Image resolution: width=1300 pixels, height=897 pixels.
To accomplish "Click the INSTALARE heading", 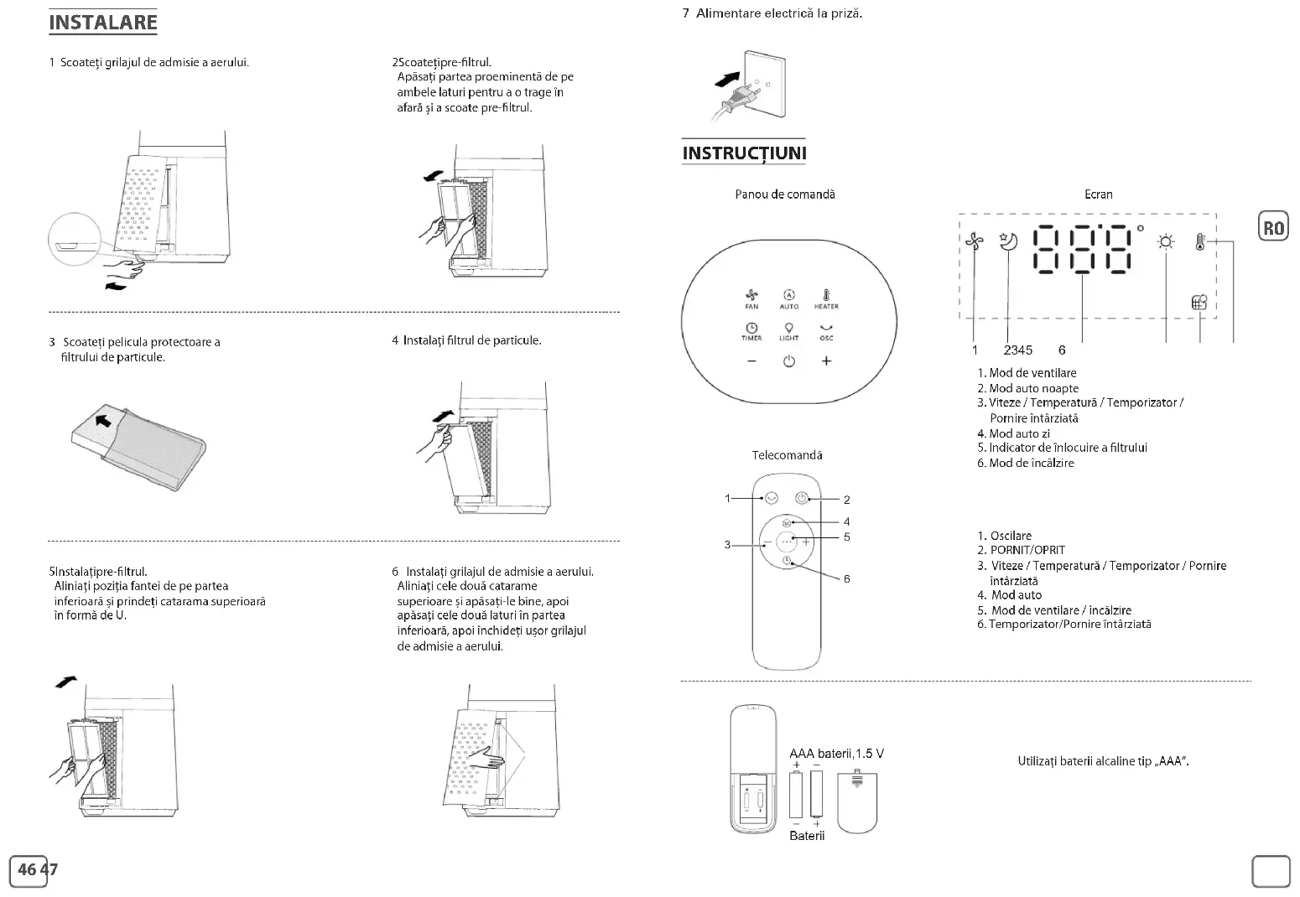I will click(102, 22).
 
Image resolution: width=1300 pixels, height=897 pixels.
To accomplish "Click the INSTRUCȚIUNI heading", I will click(743, 153).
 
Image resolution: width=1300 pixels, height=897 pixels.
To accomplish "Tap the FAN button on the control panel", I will click(751, 298).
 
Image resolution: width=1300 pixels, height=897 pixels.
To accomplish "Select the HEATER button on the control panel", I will click(826, 298).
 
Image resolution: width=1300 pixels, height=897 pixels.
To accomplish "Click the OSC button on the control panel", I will click(826, 332).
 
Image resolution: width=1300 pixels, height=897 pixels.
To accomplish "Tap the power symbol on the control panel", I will click(788, 361).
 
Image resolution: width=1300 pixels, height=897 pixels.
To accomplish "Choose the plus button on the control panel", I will click(826, 361).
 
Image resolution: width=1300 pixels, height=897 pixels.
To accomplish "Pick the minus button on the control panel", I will click(751, 361).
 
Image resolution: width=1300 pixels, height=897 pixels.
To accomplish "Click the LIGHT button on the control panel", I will click(788, 332).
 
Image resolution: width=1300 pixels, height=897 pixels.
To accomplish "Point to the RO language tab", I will click(1273, 228).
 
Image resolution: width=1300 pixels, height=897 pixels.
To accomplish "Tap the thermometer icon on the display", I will click(1200, 242).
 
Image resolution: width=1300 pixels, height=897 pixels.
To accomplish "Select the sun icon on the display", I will click(1166, 242).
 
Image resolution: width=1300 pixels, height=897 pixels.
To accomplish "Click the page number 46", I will click(27, 870).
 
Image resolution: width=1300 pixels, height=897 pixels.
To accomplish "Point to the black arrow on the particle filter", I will click(102, 419).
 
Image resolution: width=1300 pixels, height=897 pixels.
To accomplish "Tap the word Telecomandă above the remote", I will click(787, 455).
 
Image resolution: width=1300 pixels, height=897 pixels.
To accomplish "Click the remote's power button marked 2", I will click(803, 498).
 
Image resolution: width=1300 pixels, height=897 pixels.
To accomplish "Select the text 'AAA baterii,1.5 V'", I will click(836, 754).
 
